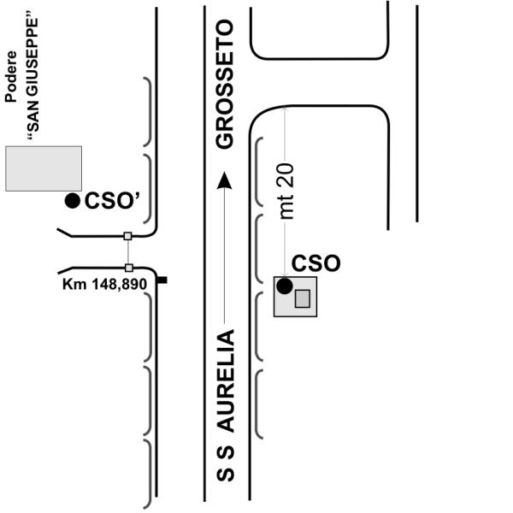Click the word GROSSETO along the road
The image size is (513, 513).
pyautogui.click(x=225, y=85)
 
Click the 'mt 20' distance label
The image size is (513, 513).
pyautogui.click(x=287, y=192)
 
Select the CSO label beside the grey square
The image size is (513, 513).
pyautogui.click(x=316, y=263)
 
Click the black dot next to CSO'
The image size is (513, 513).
pyautogui.click(x=74, y=201)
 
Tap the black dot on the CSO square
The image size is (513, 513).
pyautogui.click(x=285, y=286)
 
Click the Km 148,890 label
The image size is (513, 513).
pyautogui.click(x=105, y=282)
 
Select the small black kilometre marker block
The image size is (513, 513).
pyautogui.click(x=162, y=280)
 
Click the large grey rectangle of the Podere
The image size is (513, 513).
pyautogui.click(x=44, y=168)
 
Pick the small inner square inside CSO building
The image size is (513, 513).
pyautogui.click(x=302, y=298)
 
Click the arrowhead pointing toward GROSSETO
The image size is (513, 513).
pyautogui.click(x=224, y=180)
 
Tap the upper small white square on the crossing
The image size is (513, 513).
pyautogui.click(x=127, y=236)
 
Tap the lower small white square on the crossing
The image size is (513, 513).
pyautogui.click(x=128, y=268)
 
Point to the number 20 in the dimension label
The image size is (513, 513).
pyautogui.click(x=287, y=177)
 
